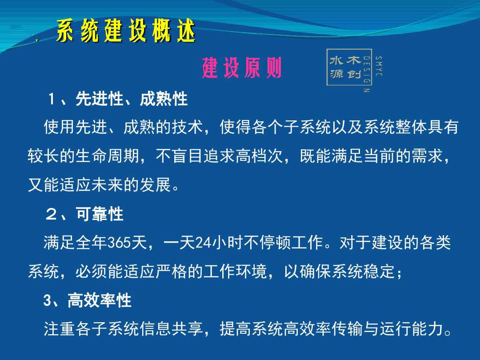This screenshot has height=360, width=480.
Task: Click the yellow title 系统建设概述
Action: (x=126, y=30)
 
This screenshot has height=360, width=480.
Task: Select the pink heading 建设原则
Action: (x=241, y=68)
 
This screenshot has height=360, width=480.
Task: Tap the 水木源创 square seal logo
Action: (x=349, y=67)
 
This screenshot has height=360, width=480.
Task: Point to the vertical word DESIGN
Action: (x=366, y=74)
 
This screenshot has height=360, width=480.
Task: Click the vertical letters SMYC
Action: (x=379, y=66)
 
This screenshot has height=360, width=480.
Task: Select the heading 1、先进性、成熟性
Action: (x=118, y=99)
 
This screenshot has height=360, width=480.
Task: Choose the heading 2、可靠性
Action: (x=84, y=214)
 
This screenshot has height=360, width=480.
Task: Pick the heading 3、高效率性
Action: (x=87, y=300)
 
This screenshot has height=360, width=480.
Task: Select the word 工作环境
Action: (x=235, y=271)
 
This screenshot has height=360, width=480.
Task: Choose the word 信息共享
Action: (x=171, y=329)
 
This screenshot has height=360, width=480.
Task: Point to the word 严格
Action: (x=171, y=271)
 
